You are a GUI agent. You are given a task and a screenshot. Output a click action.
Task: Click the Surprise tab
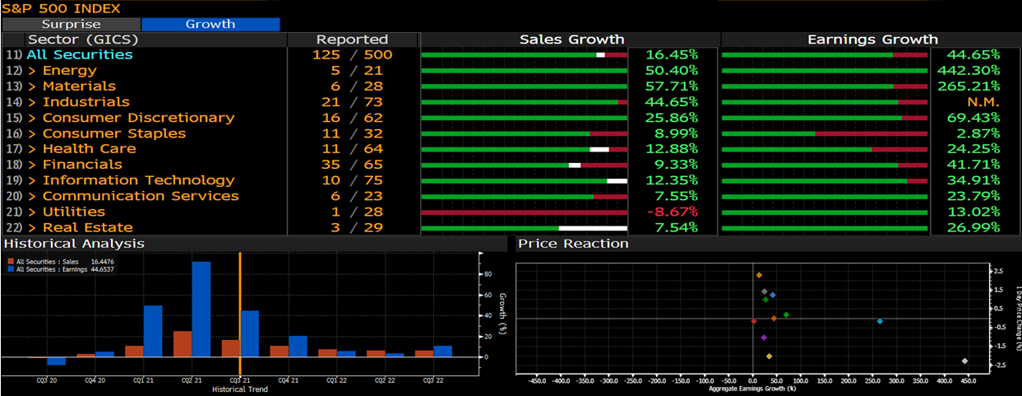coord(71,24)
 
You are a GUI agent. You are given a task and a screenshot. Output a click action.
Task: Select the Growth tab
coord(210,24)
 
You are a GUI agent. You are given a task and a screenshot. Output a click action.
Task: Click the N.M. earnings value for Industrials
coord(982,102)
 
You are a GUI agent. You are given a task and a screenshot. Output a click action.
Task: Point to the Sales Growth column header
coord(571,40)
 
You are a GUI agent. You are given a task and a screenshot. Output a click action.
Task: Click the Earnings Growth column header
coord(872,40)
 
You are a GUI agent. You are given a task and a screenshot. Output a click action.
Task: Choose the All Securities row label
coord(79,54)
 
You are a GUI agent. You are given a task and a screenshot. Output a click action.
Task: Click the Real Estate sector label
coord(87,227)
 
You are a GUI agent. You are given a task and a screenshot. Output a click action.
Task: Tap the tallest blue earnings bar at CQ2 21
coord(201,309)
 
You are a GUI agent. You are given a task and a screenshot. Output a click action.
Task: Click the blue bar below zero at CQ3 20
coord(56,361)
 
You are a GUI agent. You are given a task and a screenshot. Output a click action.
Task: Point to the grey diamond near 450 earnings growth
coord(964,361)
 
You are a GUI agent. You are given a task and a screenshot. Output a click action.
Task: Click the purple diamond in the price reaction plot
coord(764,338)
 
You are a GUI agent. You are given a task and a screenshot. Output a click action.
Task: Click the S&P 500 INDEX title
coord(61,8)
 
